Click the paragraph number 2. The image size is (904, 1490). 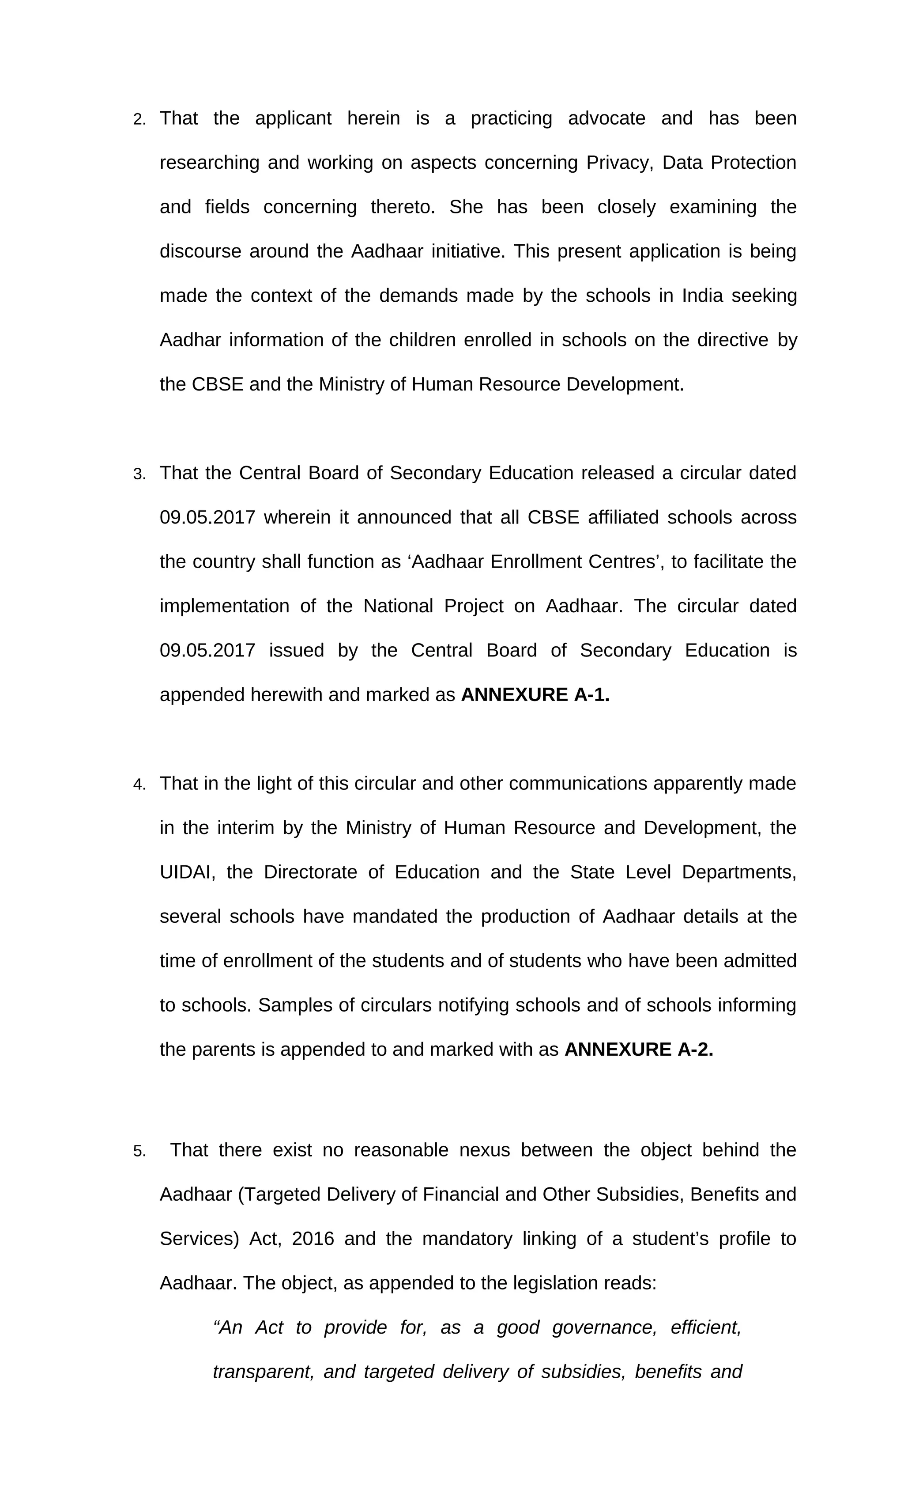tap(139, 120)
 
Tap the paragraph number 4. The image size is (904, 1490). tap(139, 785)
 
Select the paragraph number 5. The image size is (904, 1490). tap(139, 1151)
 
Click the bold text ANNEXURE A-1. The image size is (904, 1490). tap(535, 695)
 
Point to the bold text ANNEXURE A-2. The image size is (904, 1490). tap(638, 1050)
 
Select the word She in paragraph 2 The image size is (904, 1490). tap(466, 208)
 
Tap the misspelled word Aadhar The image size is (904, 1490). tap(190, 341)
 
